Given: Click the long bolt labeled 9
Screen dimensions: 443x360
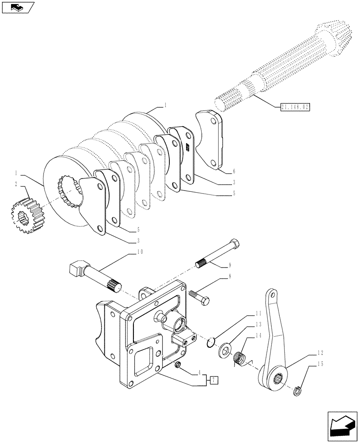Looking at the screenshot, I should pyautogui.click(x=218, y=254).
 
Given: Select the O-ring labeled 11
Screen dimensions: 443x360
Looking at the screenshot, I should pyautogui.click(x=212, y=341).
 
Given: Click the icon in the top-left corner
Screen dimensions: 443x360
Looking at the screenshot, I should pyautogui.click(x=18, y=7).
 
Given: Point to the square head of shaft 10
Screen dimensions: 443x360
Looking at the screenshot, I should pyautogui.click(x=77, y=268).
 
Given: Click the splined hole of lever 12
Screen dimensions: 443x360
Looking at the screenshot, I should pyautogui.click(x=279, y=379).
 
